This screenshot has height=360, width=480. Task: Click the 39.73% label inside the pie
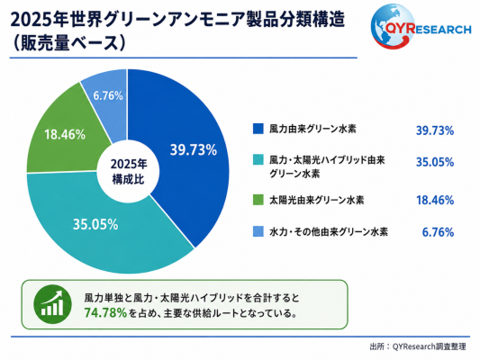tap(194, 150)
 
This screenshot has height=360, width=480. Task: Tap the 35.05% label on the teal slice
tap(95, 224)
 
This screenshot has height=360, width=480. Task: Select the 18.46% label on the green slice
tap(65, 134)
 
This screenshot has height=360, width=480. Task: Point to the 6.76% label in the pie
tap(108, 95)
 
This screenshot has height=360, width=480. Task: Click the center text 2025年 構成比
tap(129, 172)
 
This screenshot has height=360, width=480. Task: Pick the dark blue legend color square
tap(258, 129)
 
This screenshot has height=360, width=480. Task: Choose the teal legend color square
tap(258, 160)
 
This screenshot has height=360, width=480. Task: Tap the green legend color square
tap(258, 200)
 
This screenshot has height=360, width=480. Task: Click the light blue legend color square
tap(258, 231)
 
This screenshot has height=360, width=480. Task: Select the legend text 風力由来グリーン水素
tap(312, 129)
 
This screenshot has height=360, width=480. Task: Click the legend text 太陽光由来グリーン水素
tap(316, 200)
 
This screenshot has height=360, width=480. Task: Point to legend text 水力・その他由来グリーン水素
tap(329, 231)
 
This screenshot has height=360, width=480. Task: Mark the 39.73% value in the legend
tap(435, 130)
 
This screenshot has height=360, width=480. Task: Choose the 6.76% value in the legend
tap(438, 232)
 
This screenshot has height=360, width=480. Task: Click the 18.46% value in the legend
tap(435, 200)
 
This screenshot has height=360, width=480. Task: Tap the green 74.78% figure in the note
tap(105, 312)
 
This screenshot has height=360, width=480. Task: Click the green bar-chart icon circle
tap(52, 304)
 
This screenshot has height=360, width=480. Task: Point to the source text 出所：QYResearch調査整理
tap(418, 346)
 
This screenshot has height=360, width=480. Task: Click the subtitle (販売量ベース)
tap(68, 43)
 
